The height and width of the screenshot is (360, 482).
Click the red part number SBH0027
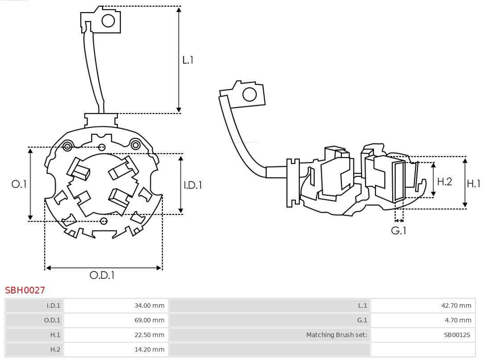25,290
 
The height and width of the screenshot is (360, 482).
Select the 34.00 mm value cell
150,306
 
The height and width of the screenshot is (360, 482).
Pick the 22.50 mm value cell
150,335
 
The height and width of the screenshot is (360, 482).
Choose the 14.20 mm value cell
150,349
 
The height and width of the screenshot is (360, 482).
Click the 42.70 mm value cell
457,306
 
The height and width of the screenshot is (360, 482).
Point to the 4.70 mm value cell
458,320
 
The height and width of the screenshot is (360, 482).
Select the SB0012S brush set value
457,335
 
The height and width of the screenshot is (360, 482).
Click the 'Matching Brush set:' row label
337,335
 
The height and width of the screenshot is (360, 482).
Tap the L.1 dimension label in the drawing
188,60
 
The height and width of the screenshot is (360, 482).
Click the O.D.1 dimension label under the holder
102,276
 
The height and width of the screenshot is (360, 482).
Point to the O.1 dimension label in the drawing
19,184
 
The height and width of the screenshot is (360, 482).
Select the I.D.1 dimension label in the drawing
193,185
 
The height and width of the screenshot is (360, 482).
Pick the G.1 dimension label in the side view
399,231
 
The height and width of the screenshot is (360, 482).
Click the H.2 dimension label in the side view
445,181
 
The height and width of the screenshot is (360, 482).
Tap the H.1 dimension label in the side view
474,183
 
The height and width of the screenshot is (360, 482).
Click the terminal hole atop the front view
108,21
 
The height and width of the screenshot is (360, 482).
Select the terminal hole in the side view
249,95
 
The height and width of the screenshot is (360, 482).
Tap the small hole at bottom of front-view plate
104,221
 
